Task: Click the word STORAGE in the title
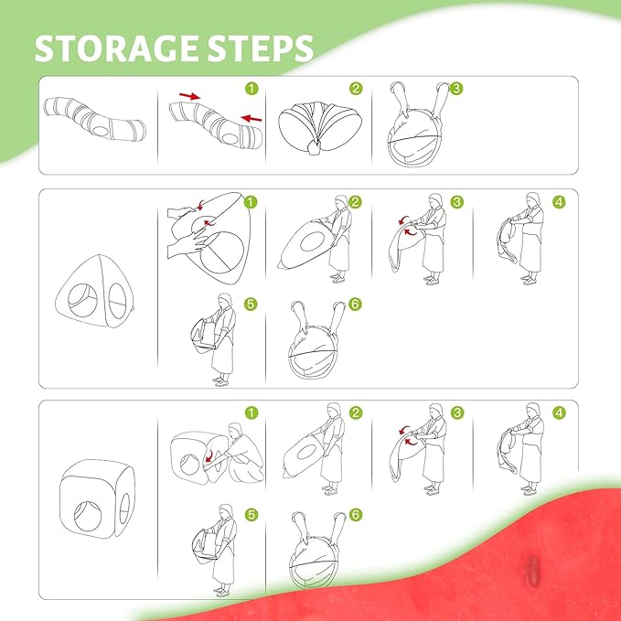point(118,48)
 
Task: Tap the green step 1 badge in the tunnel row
point(252,89)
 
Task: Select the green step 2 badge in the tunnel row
point(356,89)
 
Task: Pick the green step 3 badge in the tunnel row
point(456,89)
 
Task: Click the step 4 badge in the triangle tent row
point(559,202)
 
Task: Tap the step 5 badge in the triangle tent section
point(251,305)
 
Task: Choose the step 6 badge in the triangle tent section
point(355,305)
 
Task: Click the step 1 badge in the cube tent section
point(252,413)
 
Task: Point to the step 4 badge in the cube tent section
point(559,413)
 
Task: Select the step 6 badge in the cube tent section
point(356,515)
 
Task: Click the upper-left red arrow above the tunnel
point(190,96)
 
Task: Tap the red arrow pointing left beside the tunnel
point(252,118)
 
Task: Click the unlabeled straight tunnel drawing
point(94,119)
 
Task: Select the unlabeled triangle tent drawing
point(95,292)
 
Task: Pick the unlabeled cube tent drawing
point(97,499)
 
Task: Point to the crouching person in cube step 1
point(242,453)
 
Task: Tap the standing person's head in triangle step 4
point(533,199)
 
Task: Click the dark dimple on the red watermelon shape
point(532,569)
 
